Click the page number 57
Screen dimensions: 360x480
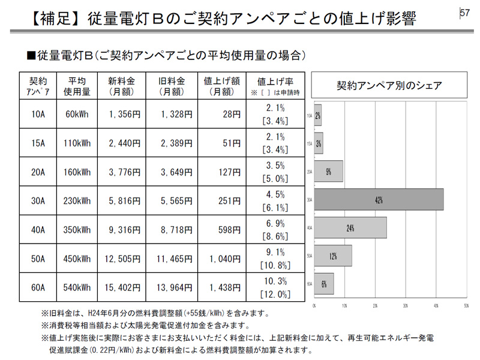click(465, 13)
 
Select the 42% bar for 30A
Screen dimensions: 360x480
click(379, 200)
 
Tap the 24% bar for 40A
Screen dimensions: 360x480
click(350, 228)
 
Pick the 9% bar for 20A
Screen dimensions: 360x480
click(329, 172)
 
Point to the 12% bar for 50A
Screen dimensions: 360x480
click(333, 256)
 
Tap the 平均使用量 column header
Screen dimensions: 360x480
click(78, 86)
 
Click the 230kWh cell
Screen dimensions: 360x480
click(78, 201)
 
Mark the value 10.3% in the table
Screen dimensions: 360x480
click(275, 281)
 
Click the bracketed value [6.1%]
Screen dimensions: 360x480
click(275, 208)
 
